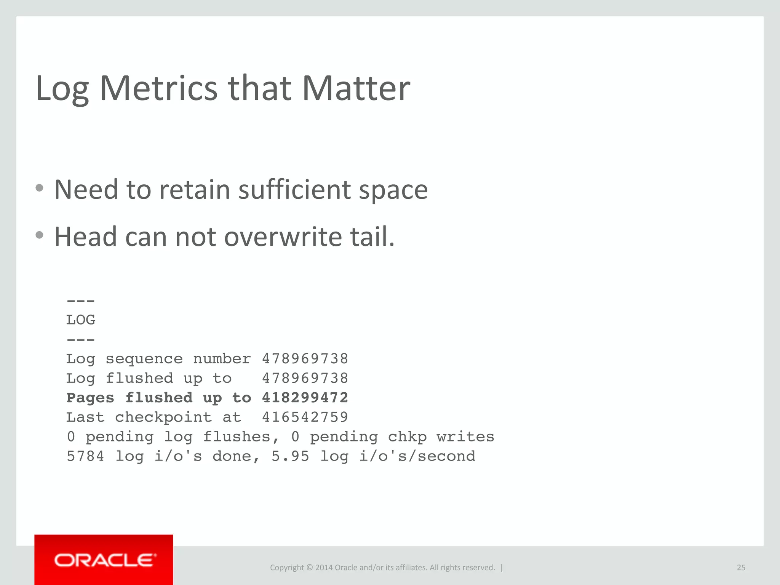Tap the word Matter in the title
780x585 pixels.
356,88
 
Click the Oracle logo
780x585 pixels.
105,560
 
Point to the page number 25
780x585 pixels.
741,567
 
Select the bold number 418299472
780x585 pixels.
305,398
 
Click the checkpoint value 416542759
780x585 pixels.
305,417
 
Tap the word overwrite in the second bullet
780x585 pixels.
283,237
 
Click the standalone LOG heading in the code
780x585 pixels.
81,320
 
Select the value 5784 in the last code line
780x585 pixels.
85,456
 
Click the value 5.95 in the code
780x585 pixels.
290,456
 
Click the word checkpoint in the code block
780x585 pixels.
163,417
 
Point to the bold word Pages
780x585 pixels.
90,398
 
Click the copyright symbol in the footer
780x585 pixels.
309,567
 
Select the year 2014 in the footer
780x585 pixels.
324,567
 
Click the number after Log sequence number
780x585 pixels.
305,359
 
